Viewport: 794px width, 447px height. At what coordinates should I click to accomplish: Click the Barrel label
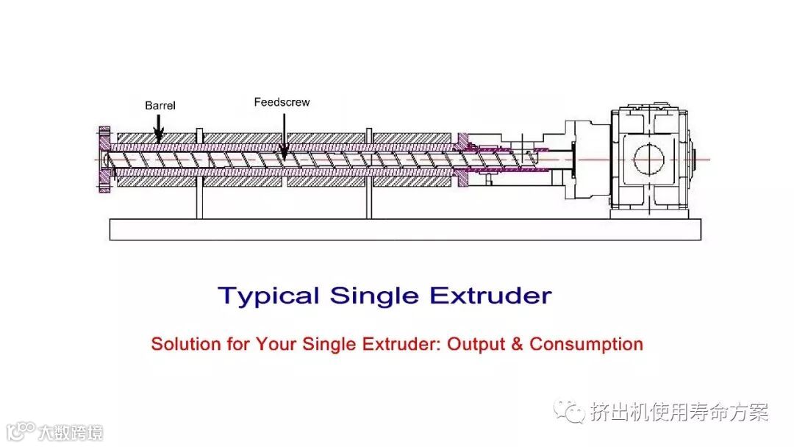point(160,106)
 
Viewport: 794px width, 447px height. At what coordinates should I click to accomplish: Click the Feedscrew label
point(282,102)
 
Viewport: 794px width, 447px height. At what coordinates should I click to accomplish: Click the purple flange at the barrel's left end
point(104,160)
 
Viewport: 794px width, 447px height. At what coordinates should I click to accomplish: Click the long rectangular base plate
point(405,229)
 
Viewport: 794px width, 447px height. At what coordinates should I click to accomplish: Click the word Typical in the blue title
point(269,296)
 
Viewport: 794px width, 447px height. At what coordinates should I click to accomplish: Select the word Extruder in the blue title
point(490,296)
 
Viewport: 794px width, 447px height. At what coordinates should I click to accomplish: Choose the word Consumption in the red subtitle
point(586,344)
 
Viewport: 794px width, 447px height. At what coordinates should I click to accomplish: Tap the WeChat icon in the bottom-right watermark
point(570,412)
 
